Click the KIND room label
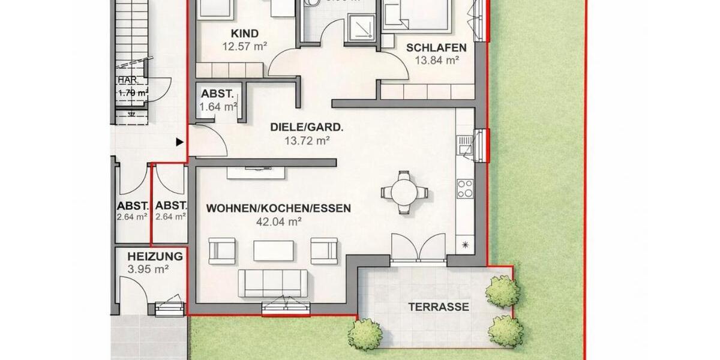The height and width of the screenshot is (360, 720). pyautogui.click(x=244, y=34)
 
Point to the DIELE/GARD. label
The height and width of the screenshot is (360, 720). pyautogui.click(x=307, y=127)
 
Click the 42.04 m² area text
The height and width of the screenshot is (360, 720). pyautogui.click(x=278, y=221)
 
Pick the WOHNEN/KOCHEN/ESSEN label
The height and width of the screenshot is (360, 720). pyautogui.click(x=278, y=208)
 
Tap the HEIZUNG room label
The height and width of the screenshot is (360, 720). pyautogui.click(x=155, y=256)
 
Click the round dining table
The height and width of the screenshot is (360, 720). pyautogui.click(x=405, y=192)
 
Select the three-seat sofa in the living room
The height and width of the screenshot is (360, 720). pyautogui.click(x=273, y=283)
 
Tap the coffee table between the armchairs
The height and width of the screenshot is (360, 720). pyautogui.click(x=274, y=250)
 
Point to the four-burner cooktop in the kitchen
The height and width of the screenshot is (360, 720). pyautogui.click(x=465, y=189)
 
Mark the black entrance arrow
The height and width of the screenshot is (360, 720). pyautogui.click(x=179, y=142)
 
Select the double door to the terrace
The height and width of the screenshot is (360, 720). pyautogui.click(x=418, y=248)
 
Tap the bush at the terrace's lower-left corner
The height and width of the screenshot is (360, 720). pyautogui.click(x=365, y=334)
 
